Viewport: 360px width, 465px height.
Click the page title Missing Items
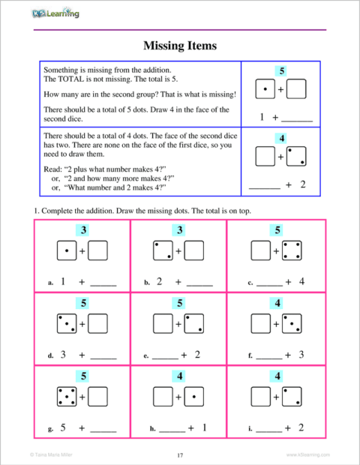pos(180,46)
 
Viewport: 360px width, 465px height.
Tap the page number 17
pos(180,454)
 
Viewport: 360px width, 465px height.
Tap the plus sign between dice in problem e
pos(179,324)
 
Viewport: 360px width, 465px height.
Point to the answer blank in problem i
pos(268,429)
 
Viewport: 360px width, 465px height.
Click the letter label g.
pos(49,429)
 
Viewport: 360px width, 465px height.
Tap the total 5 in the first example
pos(280,71)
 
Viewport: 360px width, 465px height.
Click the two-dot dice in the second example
pos(296,157)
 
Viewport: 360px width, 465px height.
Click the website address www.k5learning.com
pos(307,454)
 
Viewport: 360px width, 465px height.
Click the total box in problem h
pos(179,375)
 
